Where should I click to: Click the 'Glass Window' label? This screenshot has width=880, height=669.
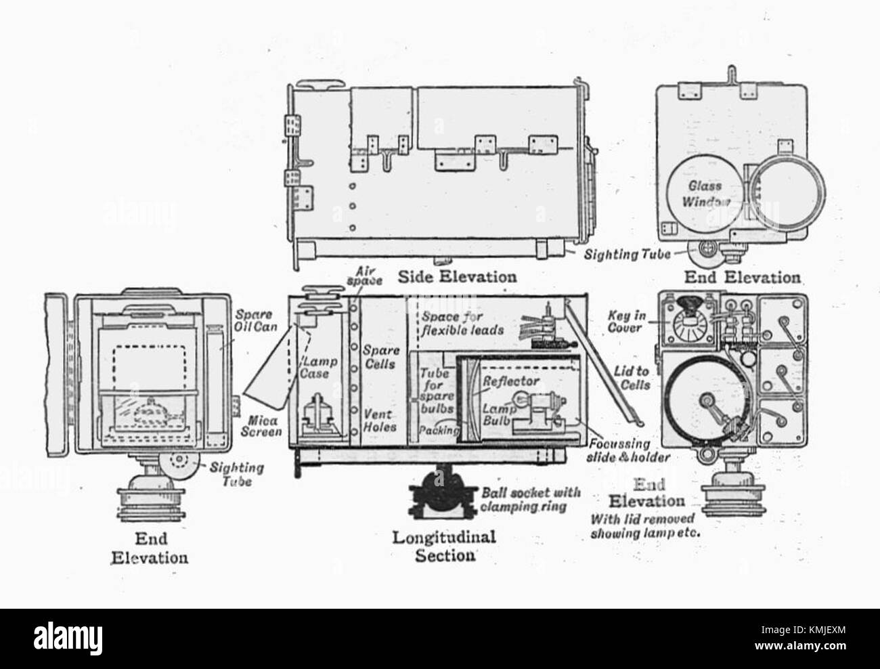(705, 194)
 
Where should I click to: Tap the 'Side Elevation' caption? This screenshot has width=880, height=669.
(457, 276)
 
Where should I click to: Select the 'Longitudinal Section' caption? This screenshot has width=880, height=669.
(444, 546)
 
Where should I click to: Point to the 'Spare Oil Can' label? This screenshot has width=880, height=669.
(255, 320)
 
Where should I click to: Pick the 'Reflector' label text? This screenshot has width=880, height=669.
(511, 381)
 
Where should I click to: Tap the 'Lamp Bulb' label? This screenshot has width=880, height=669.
(499, 415)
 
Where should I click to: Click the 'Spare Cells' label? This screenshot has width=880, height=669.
(381, 357)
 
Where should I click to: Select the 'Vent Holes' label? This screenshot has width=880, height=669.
(380, 420)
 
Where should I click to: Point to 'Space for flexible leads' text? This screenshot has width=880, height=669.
(462, 323)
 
